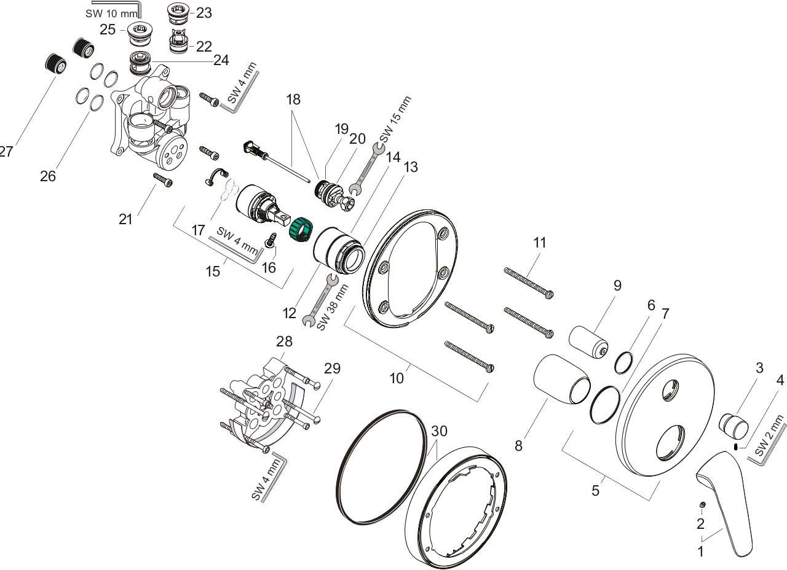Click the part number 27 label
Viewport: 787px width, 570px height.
coord(5,151)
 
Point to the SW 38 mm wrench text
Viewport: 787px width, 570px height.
coord(333,307)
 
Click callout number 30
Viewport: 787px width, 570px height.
coord(439,431)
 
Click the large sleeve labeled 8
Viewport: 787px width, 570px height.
coord(560,383)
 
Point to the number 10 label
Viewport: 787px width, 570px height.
coord(397,378)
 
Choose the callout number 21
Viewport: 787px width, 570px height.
coord(125,219)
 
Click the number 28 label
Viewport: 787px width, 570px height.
coord(284,342)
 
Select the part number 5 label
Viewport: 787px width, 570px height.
coord(595,490)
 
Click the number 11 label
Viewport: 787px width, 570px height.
coord(539,243)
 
